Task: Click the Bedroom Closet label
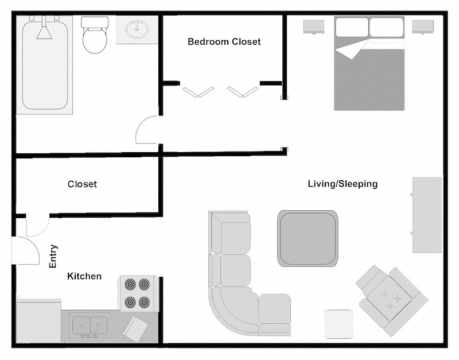224,42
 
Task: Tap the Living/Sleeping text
343,184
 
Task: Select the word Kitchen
84,276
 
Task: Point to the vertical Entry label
53,256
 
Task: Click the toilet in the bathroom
95,36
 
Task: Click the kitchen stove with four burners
138,293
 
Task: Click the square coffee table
308,238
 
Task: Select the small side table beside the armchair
339,324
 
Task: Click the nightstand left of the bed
314,26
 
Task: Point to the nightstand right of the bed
423,26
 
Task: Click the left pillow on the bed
351,28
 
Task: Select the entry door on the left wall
25,251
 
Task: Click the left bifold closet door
198,91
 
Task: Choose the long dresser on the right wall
427,215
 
